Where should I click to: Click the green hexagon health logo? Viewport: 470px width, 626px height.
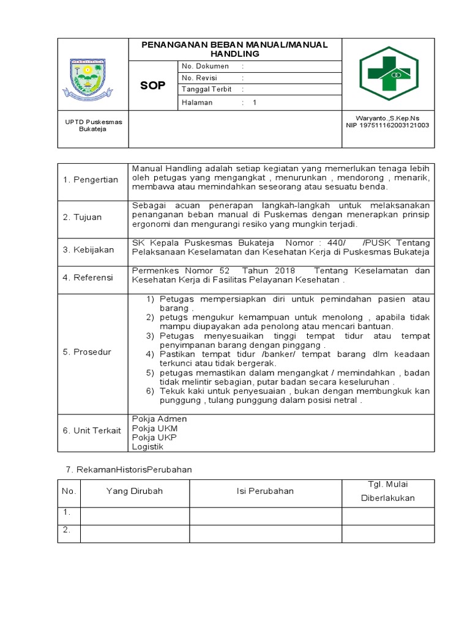tap(388, 73)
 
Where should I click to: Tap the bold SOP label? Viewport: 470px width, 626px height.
tap(153, 86)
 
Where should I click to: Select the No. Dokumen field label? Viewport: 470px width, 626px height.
tap(205, 66)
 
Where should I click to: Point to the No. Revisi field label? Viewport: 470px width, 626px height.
tap(200, 78)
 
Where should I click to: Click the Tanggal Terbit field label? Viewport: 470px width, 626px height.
tap(206, 90)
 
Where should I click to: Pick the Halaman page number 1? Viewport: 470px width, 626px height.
tap(255, 103)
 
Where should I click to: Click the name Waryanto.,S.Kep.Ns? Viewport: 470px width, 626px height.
tap(387, 118)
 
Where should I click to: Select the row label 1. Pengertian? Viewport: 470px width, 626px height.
tap(91, 180)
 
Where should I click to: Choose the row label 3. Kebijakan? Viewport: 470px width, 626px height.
tap(88, 249)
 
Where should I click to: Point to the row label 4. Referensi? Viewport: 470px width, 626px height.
tap(88, 278)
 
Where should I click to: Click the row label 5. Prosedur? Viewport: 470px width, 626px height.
tap(87, 352)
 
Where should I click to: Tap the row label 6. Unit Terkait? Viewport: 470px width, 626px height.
tap(92, 430)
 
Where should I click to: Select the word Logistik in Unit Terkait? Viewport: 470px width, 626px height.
tap(147, 447)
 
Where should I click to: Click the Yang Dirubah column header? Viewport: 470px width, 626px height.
tap(135, 491)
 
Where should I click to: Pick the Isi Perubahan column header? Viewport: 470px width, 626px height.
tap(265, 491)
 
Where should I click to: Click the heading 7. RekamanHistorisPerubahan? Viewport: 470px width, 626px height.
tap(129, 469)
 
